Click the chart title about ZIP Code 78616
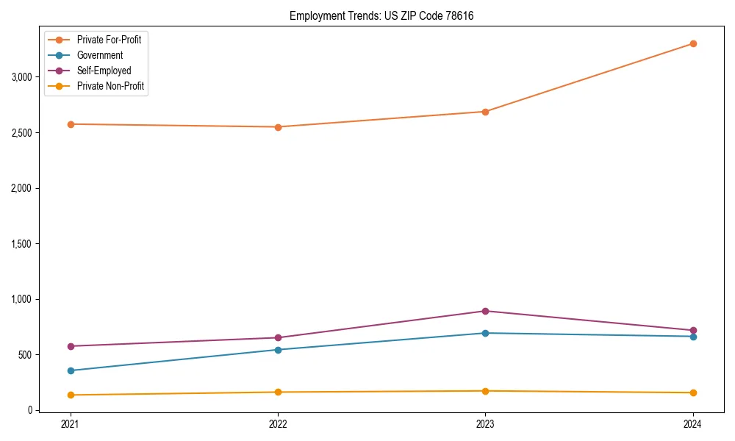(387, 15)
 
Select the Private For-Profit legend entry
(109, 40)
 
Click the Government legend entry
(99, 55)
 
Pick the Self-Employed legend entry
(104, 71)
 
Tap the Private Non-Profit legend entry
(110, 86)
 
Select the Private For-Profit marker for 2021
(71, 124)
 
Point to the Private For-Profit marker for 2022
(278, 127)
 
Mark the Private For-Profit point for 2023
(485, 112)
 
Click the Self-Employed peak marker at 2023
(485, 311)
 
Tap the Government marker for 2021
(71, 370)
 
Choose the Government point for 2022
(278, 350)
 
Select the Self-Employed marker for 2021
(71, 346)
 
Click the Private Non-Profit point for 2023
(485, 391)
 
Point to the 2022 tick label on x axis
(278, 424)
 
